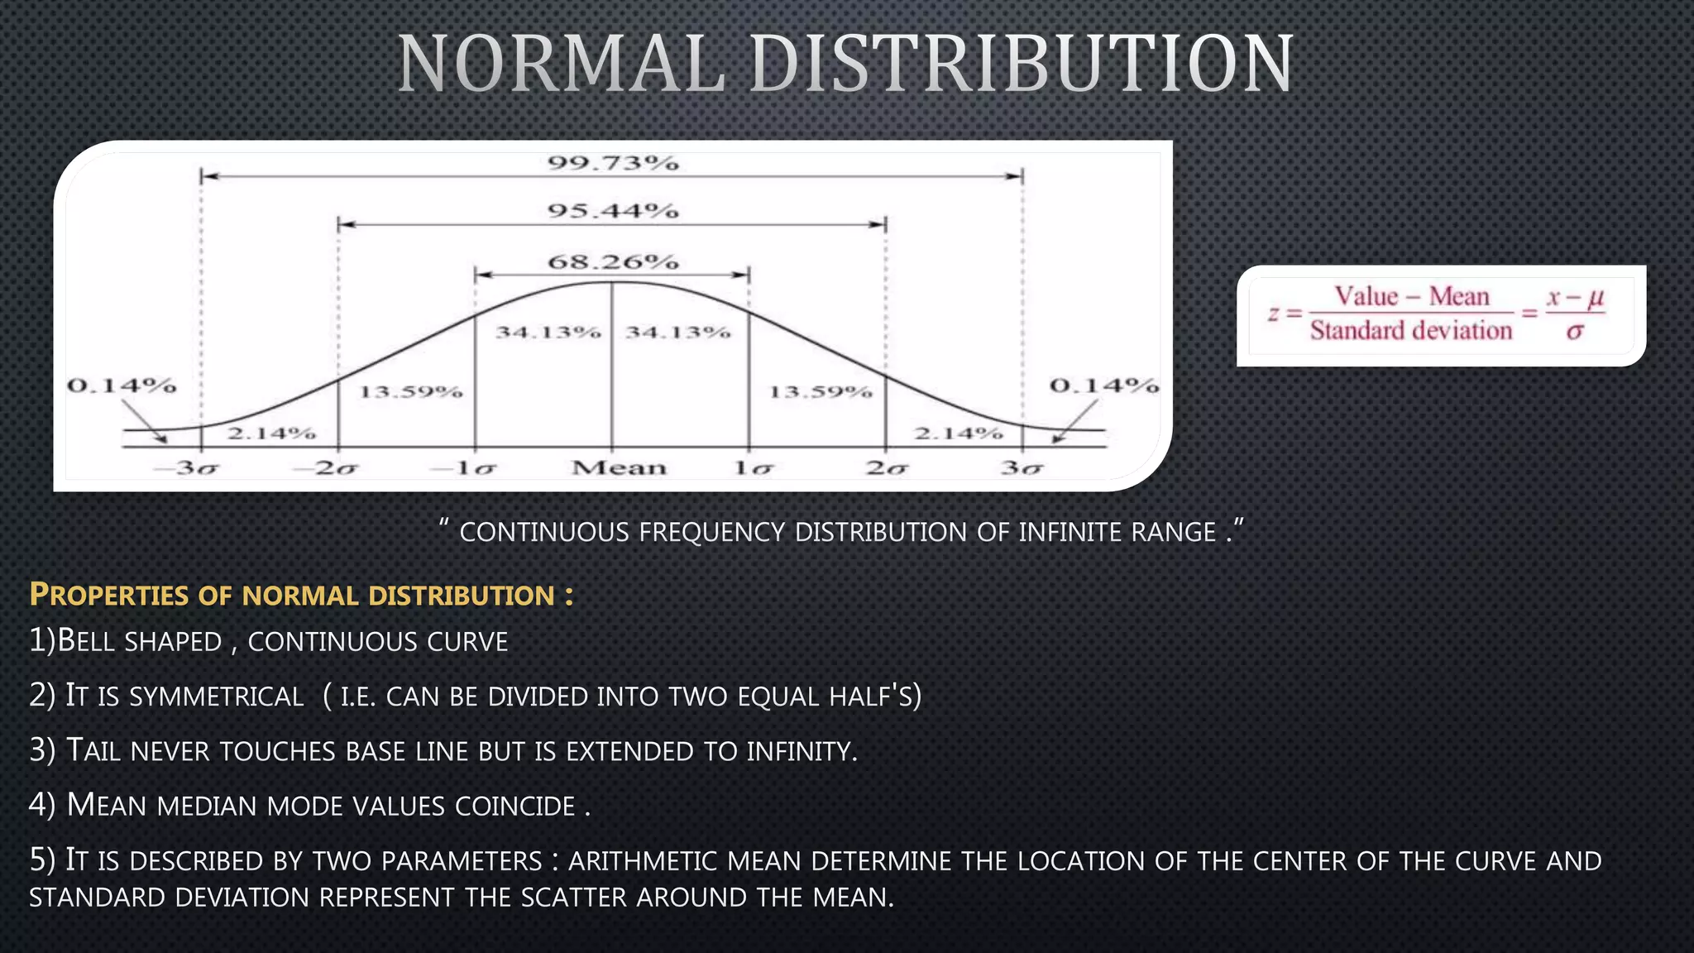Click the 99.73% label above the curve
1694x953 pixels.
point(613,163)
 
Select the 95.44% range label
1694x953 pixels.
point(613,211)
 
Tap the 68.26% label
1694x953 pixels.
point(613,262)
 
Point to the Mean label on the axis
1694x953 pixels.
point(619,468)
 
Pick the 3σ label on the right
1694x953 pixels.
point(1022,468)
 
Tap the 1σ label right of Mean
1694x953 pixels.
point(753,468)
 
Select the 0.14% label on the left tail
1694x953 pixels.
point(122,386)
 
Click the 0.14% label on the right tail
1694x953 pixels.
point(1104,386)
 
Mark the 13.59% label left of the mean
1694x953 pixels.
point(410,391)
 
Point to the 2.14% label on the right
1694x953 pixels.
point(959,433)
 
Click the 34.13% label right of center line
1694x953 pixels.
point(677,333)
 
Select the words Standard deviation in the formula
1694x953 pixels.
point(1410,331)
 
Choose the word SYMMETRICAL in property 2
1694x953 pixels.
point(217,697)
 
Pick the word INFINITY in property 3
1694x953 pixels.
point(802,751)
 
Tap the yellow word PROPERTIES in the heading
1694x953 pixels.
point(109,595)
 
